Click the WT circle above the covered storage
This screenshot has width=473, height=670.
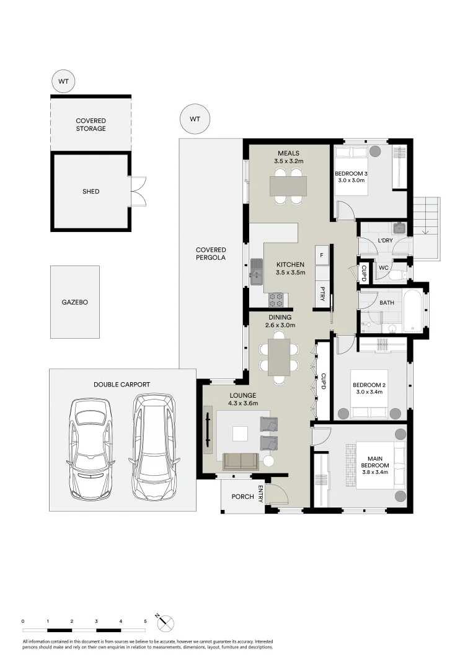tap(63, 82)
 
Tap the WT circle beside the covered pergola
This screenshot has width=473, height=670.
tap(195, 118)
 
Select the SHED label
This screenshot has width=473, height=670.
tap(91, 192)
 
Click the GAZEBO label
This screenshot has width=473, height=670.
tap(74, 303)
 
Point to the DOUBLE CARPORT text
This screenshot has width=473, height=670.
tap(122, 385)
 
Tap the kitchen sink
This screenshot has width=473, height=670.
tap(257, 272)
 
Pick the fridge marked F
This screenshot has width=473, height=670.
tap(322, 255)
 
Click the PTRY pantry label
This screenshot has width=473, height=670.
tap(323, 293)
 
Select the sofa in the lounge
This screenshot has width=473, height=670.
tap(241, 461)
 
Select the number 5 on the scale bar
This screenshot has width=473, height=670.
tap(145, 621)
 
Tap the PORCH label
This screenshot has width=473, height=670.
tap(242, 496)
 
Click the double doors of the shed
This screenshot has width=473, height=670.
tap(138, 192)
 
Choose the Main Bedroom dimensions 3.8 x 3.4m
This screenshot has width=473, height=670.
tap(376, 472)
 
